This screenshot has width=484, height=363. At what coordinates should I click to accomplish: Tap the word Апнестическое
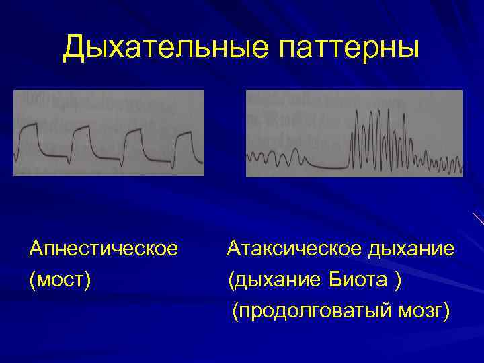(x=104, y=250)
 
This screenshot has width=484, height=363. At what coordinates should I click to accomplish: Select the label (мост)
(x=60, y=278)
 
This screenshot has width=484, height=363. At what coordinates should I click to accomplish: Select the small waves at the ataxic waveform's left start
(x=272, y=159)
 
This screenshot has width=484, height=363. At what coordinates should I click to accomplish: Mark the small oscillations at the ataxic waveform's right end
(x=444, y=163)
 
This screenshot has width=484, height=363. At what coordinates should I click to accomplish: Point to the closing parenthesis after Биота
(x=400, y=278)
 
